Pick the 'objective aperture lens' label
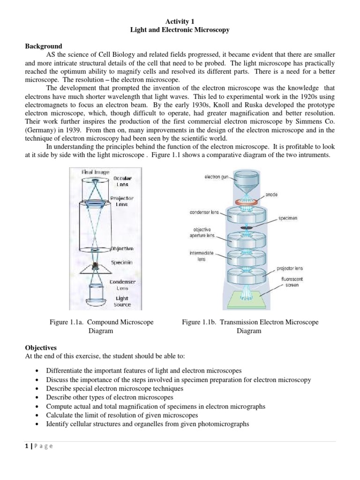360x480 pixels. click(x=204, y=232)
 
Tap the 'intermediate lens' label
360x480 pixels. click(x=201, y=255)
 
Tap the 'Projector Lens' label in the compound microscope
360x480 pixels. click(x=121, y=201)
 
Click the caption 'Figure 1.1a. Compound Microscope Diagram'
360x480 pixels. click(x=102, y=326)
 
